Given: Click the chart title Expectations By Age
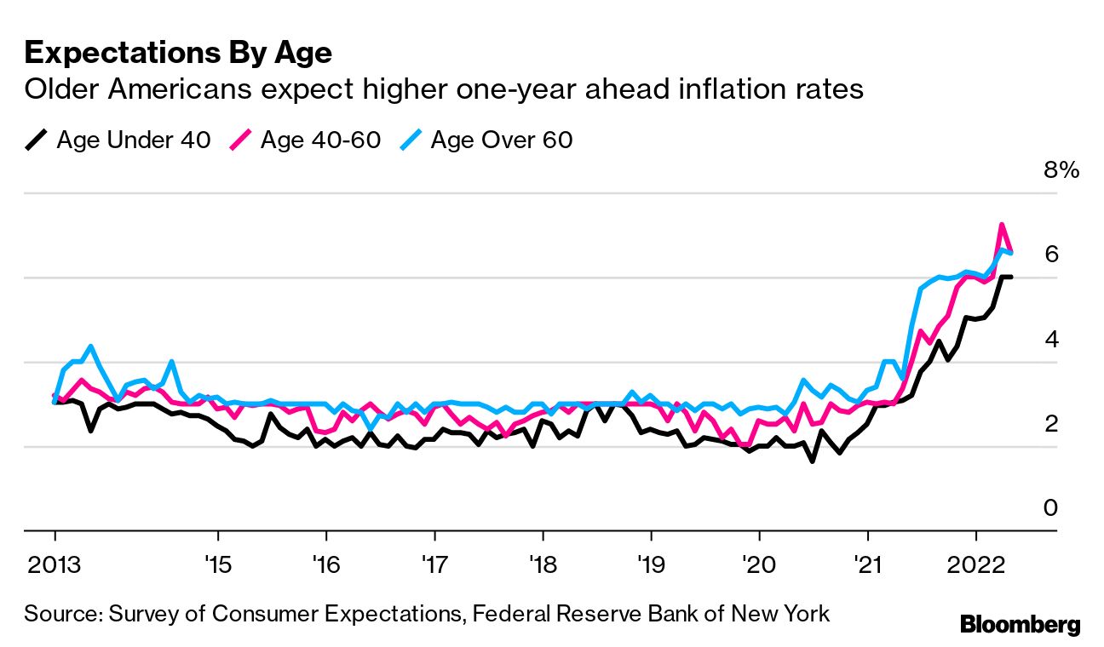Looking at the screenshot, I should pyautogui.click(x=178, y=53).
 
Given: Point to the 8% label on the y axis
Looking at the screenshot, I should pyautogui.click(x=1061, y=170).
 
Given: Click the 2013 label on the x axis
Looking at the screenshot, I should pyautogui.click(x=55, y=564).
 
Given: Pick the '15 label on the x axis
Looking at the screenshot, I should pyautogui.click(x=218, y=564).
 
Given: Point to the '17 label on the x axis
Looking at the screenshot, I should pyautogui.click(x=434, y=564).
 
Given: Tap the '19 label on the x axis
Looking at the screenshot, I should pyautogui.click(x=651, y=564).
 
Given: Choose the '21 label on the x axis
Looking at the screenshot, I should pyautogui.click(x=867, y=564).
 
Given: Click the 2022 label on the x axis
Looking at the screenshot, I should pyautogui.click(x=976, y=564).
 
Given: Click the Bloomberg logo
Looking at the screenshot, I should pyautogui.click(x=1020, y=624).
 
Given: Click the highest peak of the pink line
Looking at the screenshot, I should pyautogui.click(x=1002, y=225).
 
